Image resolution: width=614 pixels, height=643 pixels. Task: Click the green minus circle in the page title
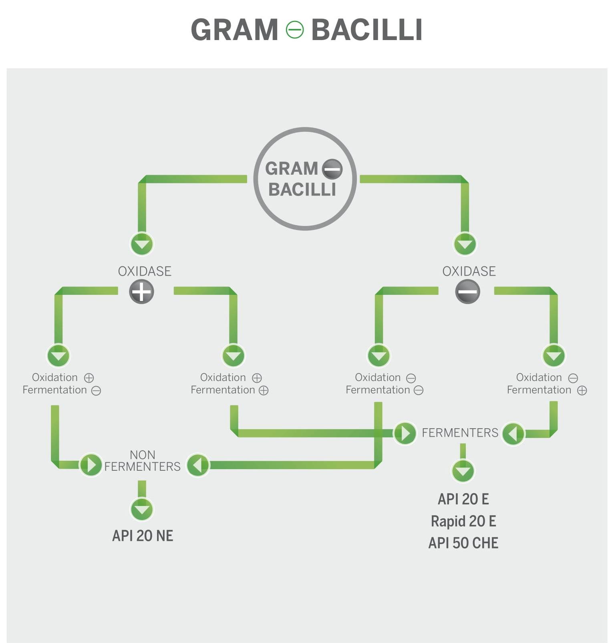point(294,30)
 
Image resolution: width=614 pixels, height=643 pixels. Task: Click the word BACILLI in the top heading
point(366,30)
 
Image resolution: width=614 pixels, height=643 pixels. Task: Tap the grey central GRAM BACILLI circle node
point(305,179)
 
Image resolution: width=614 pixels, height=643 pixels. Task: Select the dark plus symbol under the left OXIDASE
point(141,291)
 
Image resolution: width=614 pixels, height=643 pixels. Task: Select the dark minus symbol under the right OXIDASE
point(467,291)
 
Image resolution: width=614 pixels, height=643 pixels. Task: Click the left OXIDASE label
point(145,271)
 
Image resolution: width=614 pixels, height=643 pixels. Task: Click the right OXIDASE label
point(469,271)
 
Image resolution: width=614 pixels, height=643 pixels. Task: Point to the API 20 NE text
point(143,536)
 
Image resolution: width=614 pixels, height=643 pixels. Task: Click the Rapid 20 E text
point(463,521)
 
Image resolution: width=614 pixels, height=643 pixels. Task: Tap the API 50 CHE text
point(463,543)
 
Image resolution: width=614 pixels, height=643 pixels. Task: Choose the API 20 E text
point(463,499)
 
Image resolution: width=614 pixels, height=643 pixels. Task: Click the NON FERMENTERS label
point(142,461)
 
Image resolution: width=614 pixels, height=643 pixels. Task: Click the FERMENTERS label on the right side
point(460,433)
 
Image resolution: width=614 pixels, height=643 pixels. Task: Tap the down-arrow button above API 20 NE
point(142,509)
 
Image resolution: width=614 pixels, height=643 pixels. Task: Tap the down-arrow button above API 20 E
point(463,471)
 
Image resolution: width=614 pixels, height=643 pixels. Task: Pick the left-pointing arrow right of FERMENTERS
point(513,433)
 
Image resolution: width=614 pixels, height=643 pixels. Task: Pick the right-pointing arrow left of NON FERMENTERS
point(91,465)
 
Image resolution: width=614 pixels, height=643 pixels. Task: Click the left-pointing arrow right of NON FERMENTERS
point(198,465)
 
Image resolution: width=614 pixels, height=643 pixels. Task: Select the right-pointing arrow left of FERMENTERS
point(405,433)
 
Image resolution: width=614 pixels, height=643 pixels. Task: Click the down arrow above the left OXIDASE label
point(142,244)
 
